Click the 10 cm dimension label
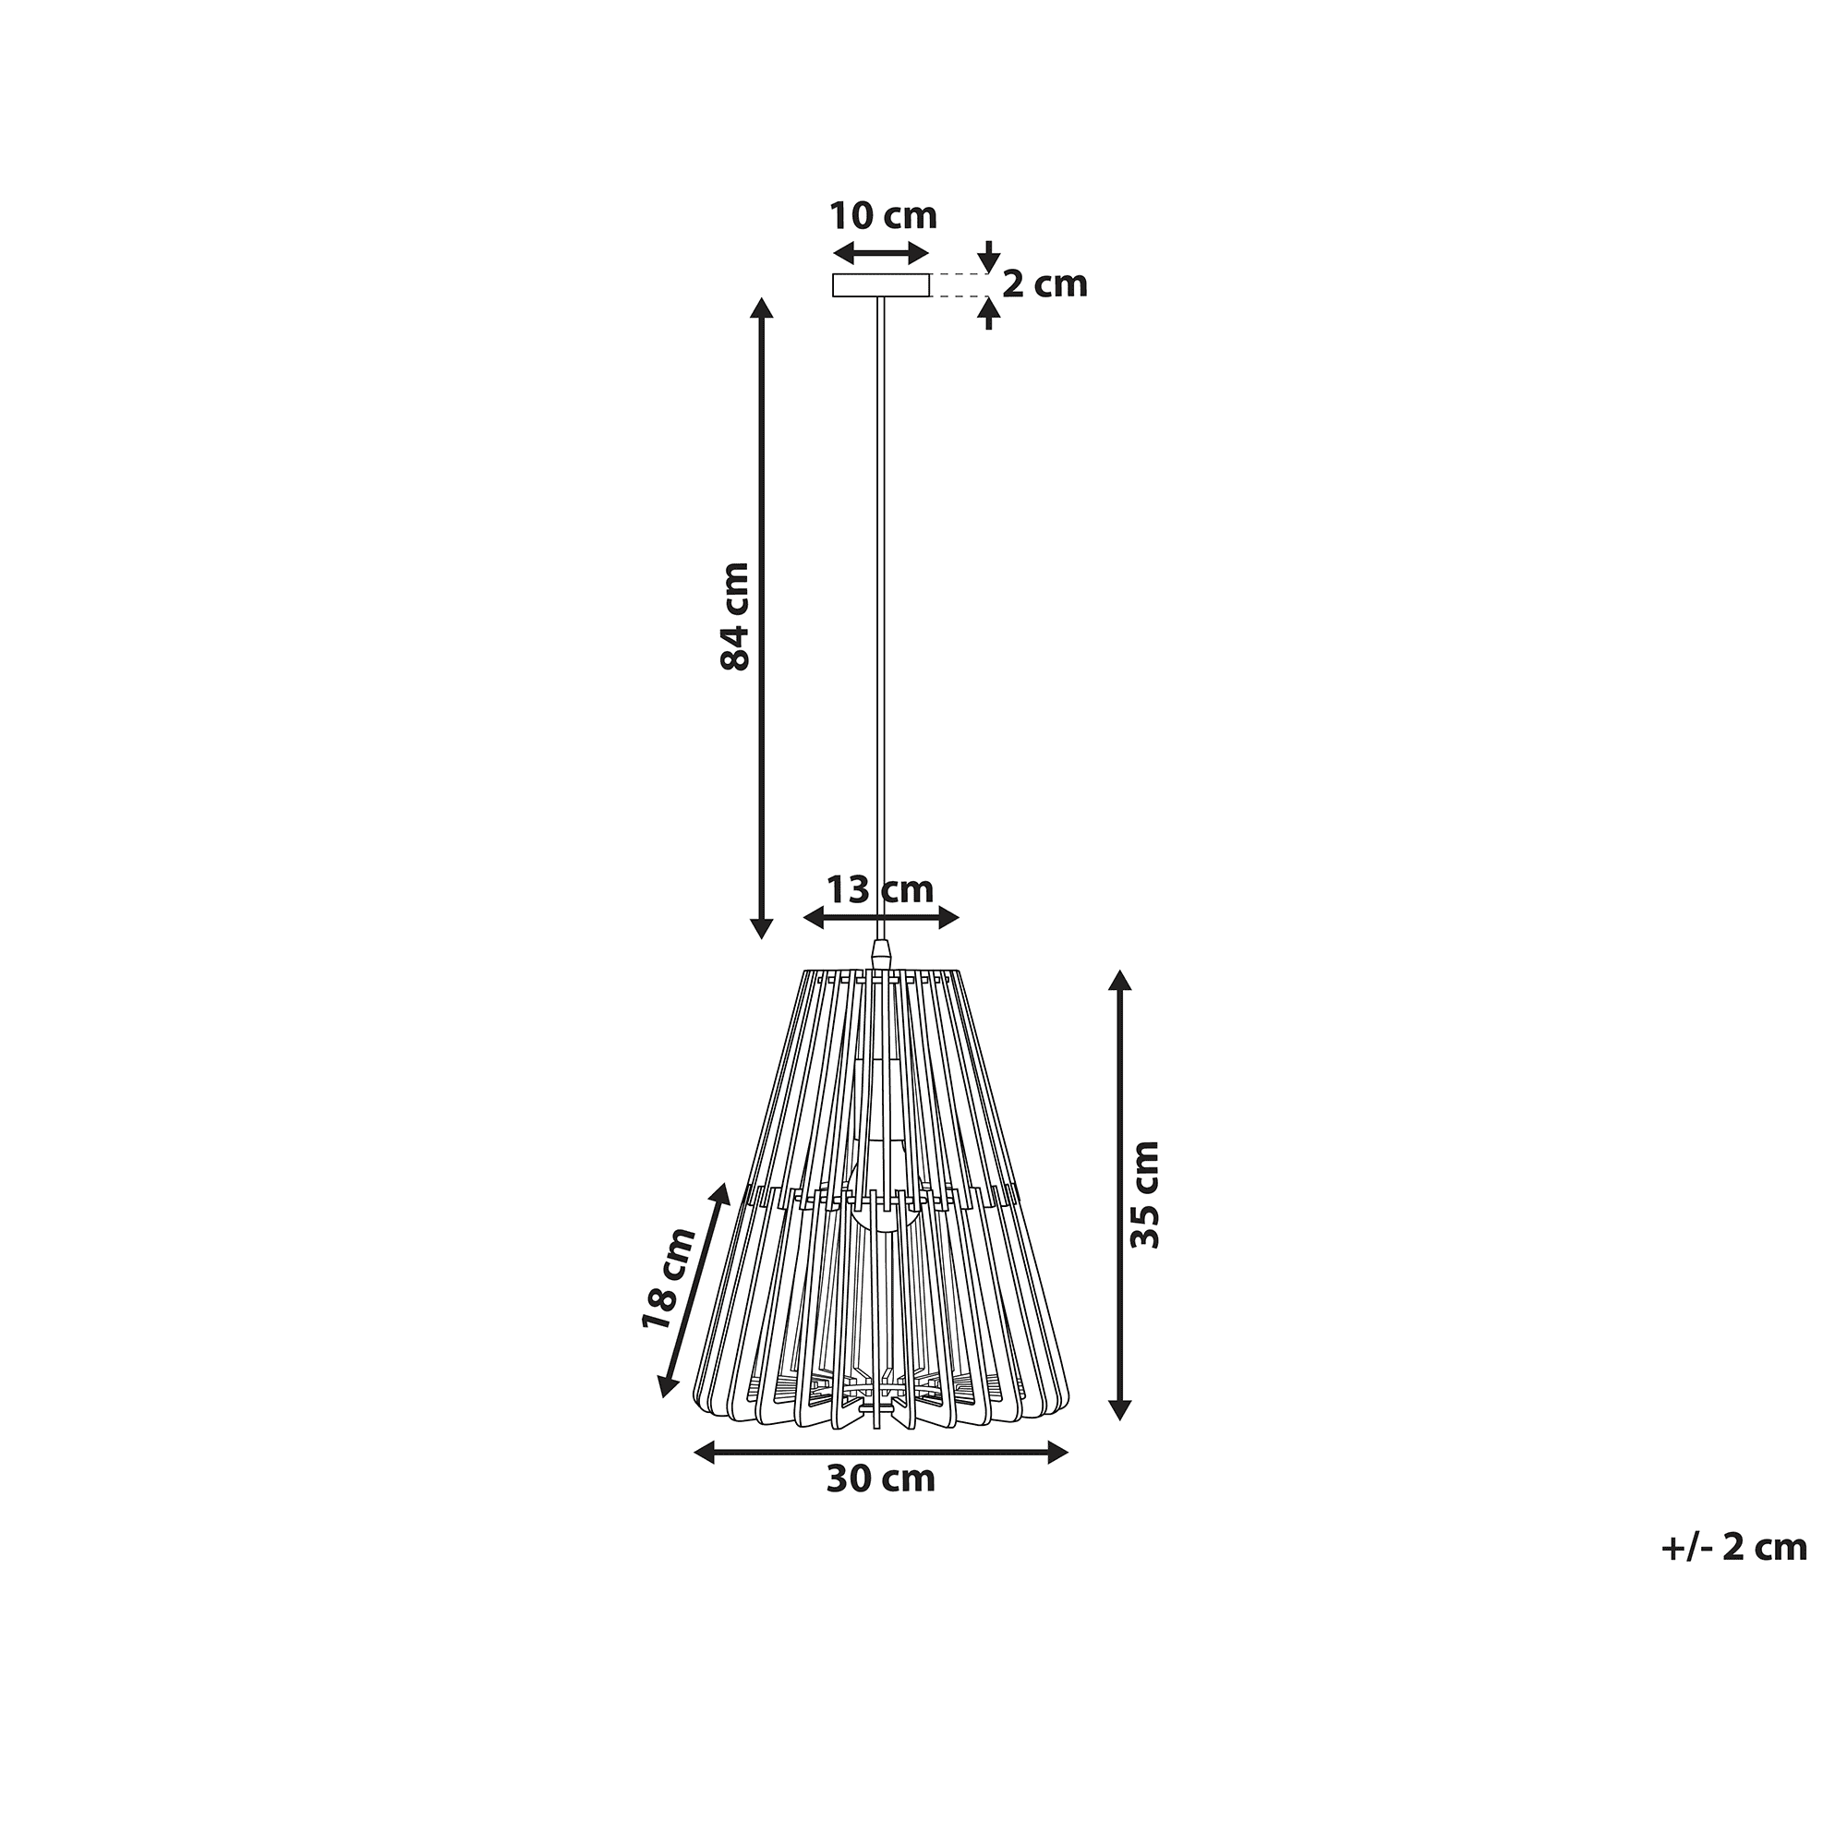tap(882, 216)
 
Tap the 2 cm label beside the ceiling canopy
tap(1044, 284)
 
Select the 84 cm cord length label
tap(735, 616)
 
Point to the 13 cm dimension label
tap(879, 890)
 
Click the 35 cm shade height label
tap(1144, 1194)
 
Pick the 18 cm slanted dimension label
tap(670, 1277)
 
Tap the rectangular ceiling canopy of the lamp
tap(880, 284)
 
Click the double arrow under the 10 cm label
tap(880, 253)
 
